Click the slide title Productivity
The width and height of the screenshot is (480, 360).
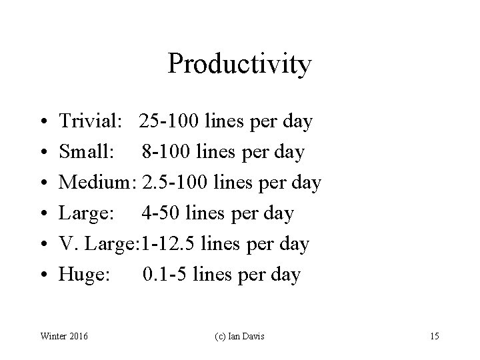click(x=239, y=64)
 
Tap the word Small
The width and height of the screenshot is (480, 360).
click(x=85, y=152)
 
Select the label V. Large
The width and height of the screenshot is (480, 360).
click(x=97, y=244)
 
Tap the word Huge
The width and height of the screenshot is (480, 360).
click(x=83, y=275)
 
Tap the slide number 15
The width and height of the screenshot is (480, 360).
click(x=434, y=336)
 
